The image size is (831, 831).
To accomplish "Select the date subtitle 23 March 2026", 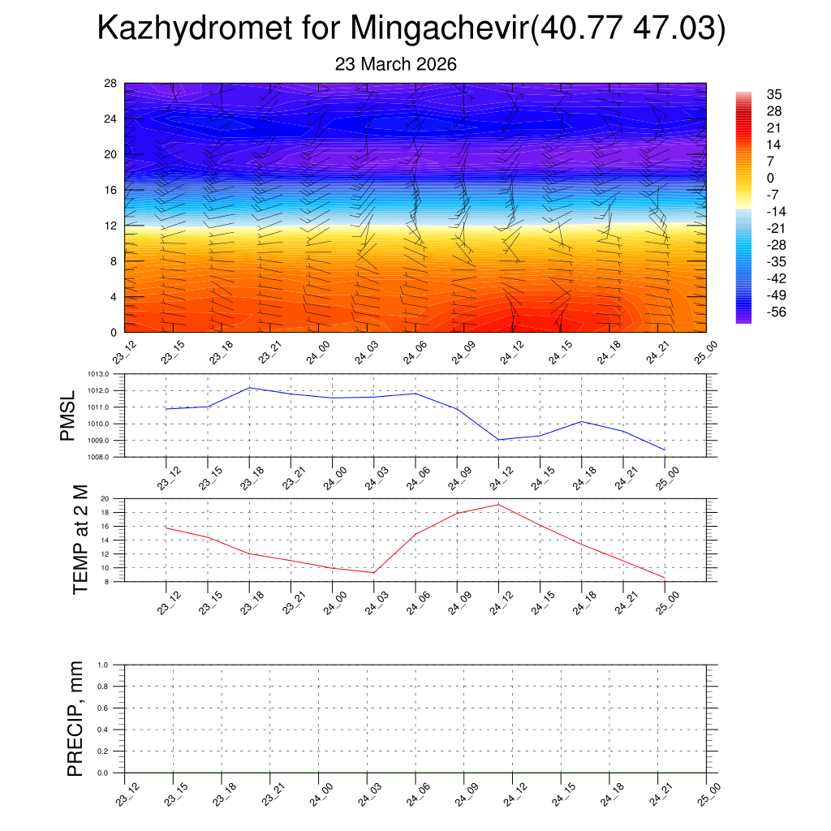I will [396, 64].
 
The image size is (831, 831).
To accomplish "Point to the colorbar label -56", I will [776, 312].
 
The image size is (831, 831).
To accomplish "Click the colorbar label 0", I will [770, 179].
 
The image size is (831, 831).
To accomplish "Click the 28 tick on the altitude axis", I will [110, 84].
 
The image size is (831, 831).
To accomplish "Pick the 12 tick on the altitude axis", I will [110, 226].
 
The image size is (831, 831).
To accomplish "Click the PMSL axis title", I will [67, 416].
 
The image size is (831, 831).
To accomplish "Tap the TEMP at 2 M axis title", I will [80, 540].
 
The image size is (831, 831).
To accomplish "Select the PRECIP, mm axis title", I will [75, 719].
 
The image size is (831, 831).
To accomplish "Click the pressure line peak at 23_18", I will [249, 387].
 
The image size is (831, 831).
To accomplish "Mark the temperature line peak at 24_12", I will [498, 505].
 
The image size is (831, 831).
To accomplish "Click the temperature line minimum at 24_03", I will [374, 573].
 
